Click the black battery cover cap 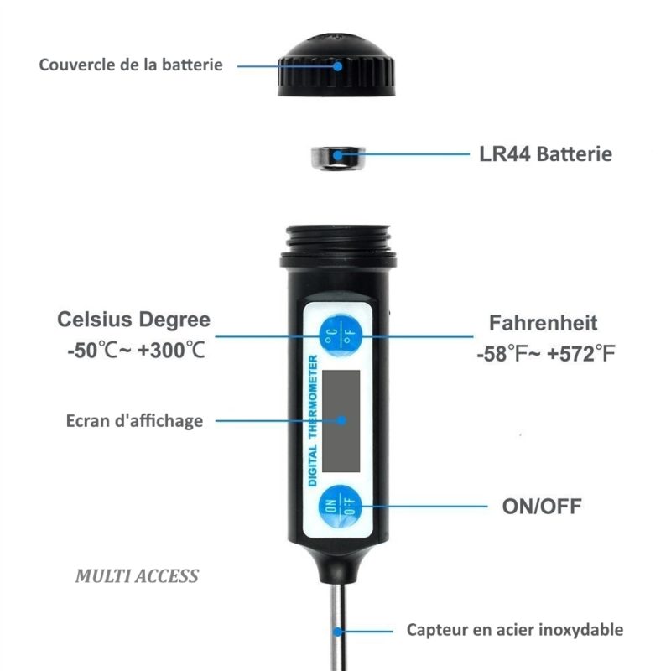pyautogui.click(x=336, y=65)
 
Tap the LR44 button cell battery pyautogui.click(x=338, y=158)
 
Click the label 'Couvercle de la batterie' pyautogui.click(x=131, y=65)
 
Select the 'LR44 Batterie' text pyautogui.click(x=546, y=154)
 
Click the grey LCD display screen pyautogui.click(x=341, y=421)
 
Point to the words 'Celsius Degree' pyautogui.click(x=134, y=320)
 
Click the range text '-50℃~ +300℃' pyautogui.click(x=137, y=350)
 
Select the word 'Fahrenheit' pyautogui.click(x=543, y=323)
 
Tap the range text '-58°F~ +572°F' pyautogui.click(x=546, y=354)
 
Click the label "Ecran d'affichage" pyautogui.click(x=134, y=421)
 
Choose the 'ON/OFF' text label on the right pyautogui.click(x=542, y=507)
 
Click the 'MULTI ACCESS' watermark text pyautogui.click(x=137, y=576)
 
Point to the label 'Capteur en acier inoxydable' pyautogui.click(x=515, y=630)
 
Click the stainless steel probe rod pyautogui.click(x=337, y=627)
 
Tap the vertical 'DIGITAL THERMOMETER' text pyautogui.click(x=313, y=421)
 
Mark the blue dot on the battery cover pyautogui.click(x=338, y=66)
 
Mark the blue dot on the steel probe pyautogui.click(x=338, y=632)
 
